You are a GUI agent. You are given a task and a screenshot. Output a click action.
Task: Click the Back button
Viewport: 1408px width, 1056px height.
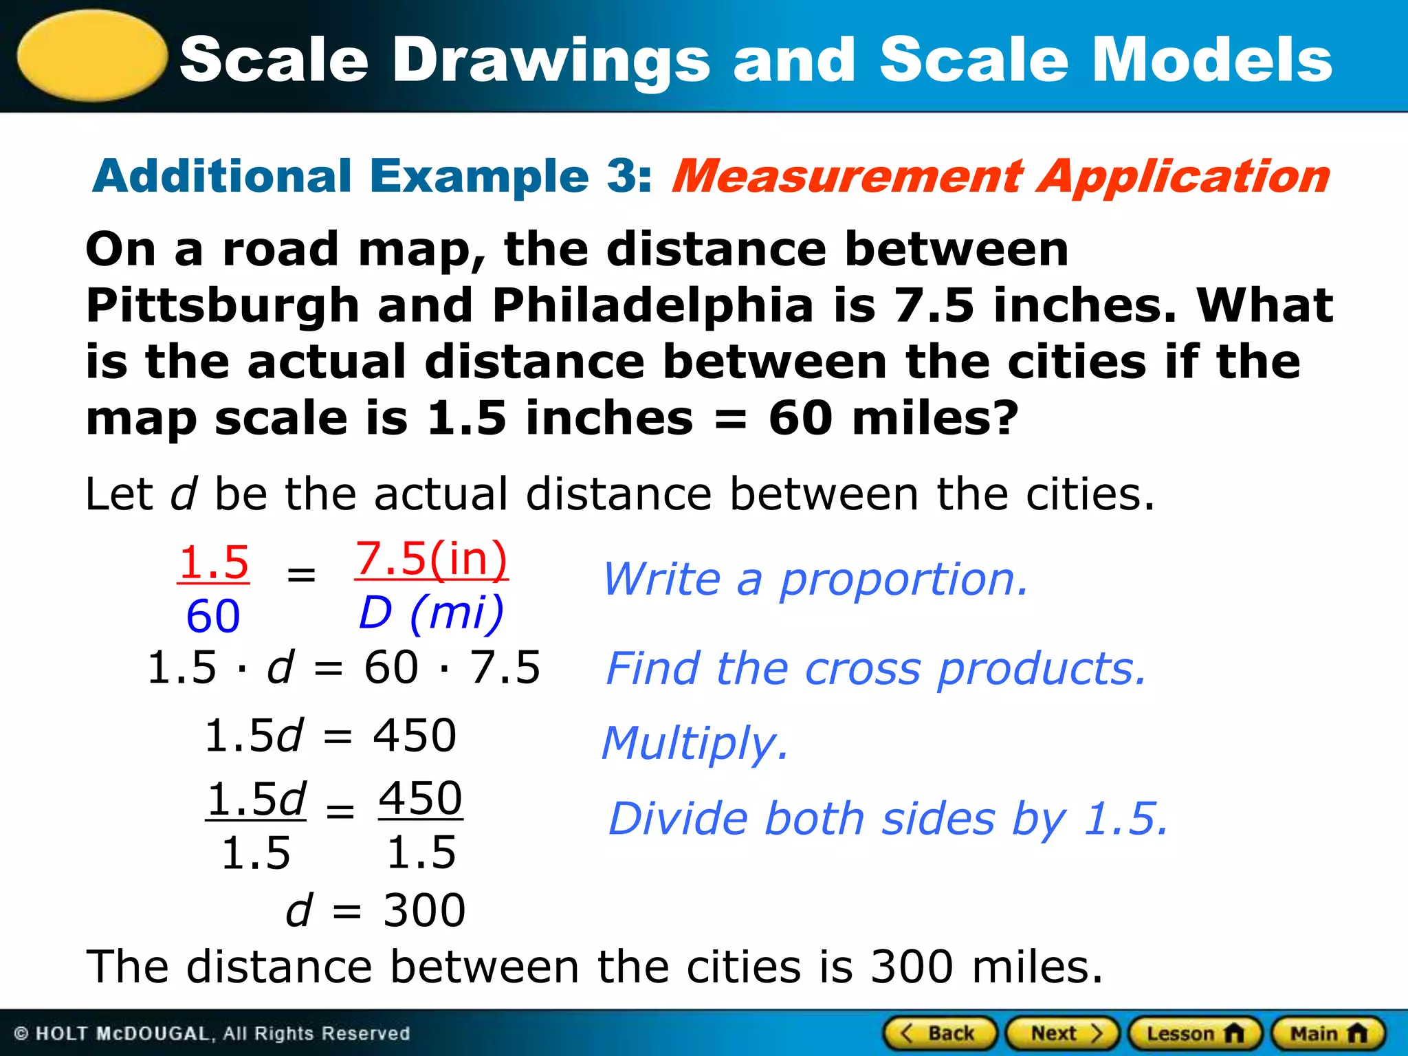point(940,1033)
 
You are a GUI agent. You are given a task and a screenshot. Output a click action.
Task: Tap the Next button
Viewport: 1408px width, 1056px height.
point(1063,1033)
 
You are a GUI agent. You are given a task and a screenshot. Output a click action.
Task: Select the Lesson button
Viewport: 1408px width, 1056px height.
point(1195,1033)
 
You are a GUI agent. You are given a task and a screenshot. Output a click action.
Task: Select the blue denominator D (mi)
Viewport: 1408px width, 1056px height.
point(432,612)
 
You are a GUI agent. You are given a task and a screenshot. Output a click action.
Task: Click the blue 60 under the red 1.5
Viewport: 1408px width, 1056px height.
point(213,616)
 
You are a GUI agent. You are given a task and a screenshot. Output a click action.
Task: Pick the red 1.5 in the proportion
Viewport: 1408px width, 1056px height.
point(213,562)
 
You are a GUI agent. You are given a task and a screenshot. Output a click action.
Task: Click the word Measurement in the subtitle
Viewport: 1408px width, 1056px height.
point(847,176)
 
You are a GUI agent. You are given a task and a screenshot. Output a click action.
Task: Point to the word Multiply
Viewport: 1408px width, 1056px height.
point(694,744)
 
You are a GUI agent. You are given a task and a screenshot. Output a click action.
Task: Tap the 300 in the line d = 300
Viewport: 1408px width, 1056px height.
point(424,910)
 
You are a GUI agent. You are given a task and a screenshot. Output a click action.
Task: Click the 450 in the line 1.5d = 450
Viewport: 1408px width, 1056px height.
point(415,736)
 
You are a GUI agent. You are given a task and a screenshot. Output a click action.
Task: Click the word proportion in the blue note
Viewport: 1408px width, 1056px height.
point(903,579)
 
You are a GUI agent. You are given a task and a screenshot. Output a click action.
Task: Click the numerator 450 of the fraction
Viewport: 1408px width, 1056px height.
point(421,799)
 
